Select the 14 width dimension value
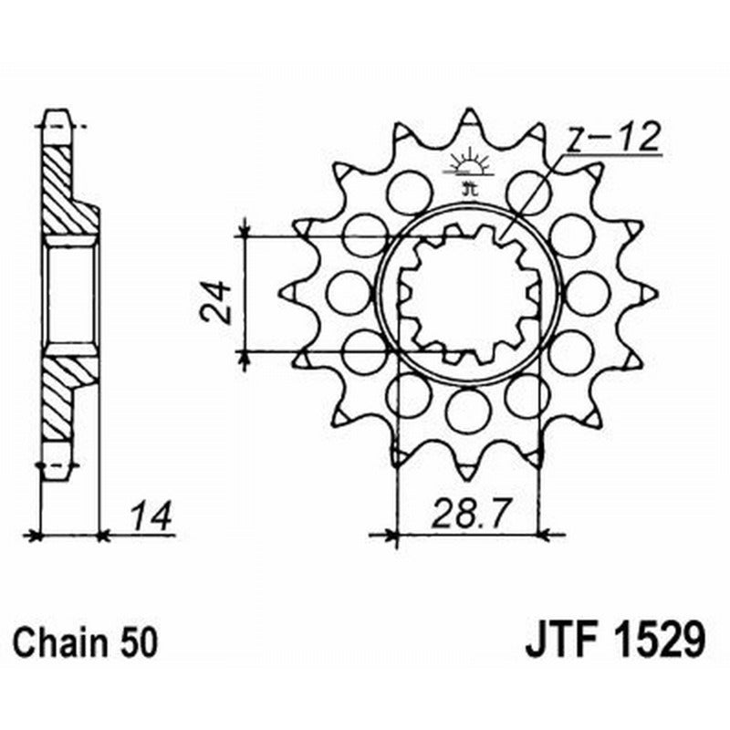pyautogui.click(x=151, y=516)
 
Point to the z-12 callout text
pyautogui.click(x=610, y=139)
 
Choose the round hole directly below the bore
pyautogui.click(x=468, y=410)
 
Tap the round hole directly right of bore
pyautogui.click(x=587, y=293)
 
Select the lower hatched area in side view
pyautogui.click(x=64, y=392)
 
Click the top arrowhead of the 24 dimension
pyautogui.click(x=245, y=228)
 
